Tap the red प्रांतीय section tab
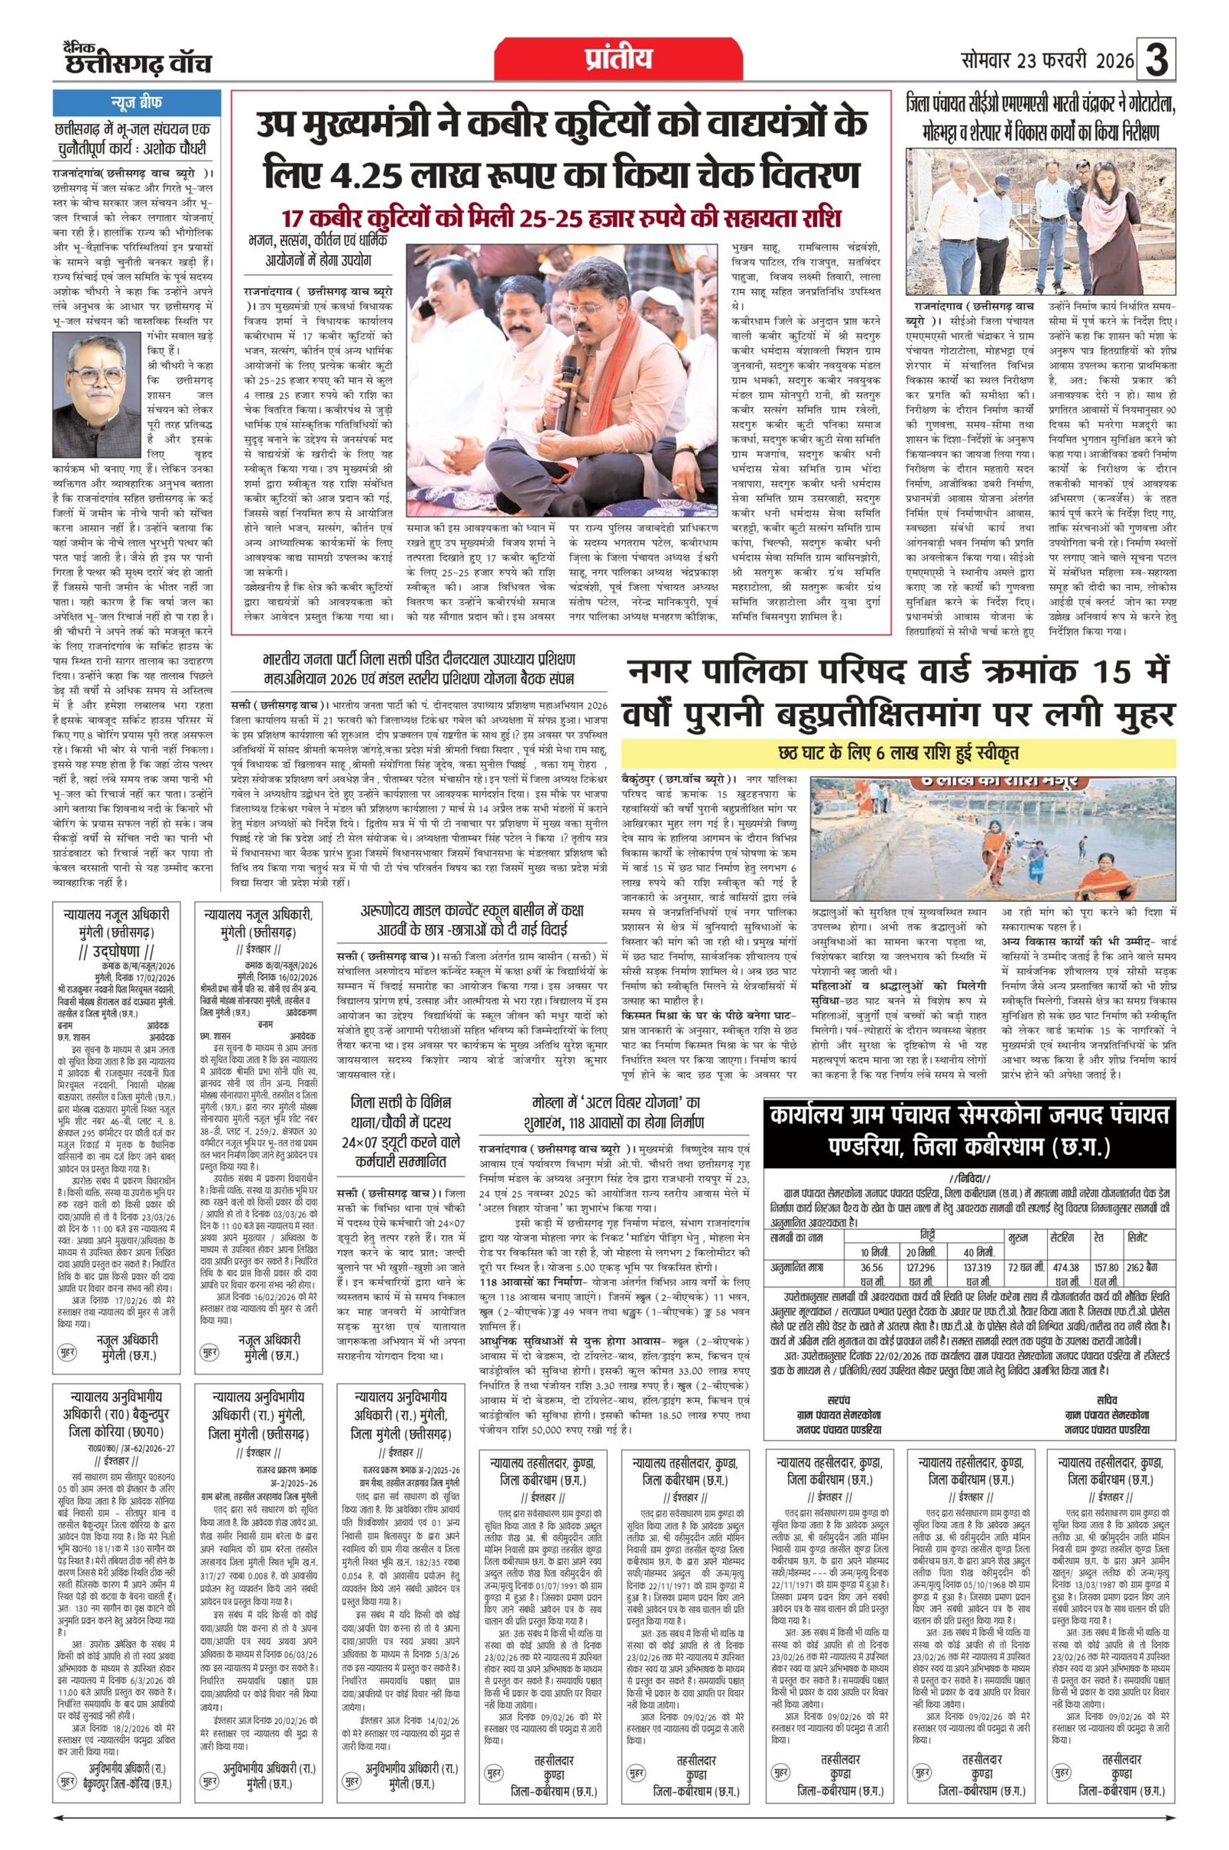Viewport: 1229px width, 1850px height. [x=618, y=60]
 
